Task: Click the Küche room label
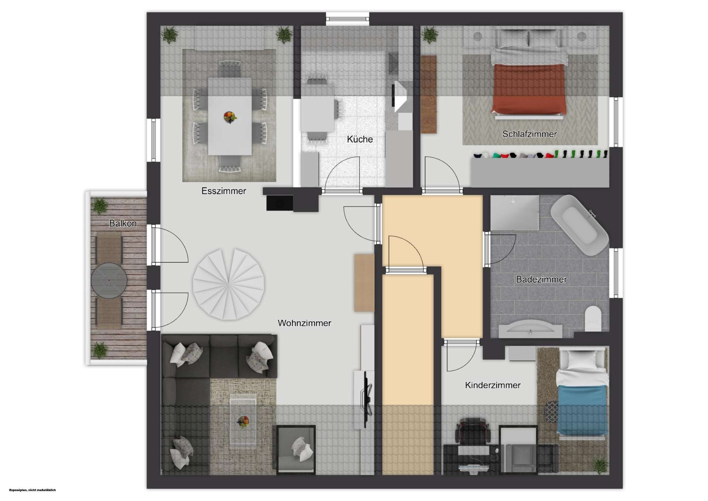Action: [x=360, y=139]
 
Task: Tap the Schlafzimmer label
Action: [x=530, y=134]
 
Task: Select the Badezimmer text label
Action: [x=541, y=279]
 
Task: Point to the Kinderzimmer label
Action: [x=493, y=385]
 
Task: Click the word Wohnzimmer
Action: [x=304, y=323]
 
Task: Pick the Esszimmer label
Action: [x=223, y=191]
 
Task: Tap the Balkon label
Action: [x=123, y=223]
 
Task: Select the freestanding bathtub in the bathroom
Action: [x=579, y=225]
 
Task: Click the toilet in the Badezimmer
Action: [x=593, y=318]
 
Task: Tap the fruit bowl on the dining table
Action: [x=230, y=117]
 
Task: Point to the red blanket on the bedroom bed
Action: [x=529, y=89]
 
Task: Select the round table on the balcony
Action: [x=109, y=280]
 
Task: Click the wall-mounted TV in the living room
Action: [x=367, y=400]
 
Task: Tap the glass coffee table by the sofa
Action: [x=243, y=420]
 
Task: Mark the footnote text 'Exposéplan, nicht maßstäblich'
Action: [x=32, y=490]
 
